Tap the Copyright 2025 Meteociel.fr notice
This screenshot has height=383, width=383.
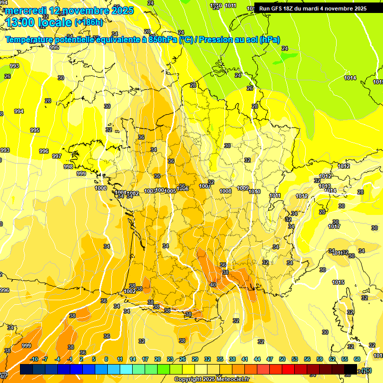211,379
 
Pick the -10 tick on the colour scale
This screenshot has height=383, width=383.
33,359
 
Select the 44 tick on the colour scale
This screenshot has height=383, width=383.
257,359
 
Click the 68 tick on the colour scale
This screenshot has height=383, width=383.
357,359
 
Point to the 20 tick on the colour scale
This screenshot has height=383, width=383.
158,359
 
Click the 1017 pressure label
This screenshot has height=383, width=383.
334,226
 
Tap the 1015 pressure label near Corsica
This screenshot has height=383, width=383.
338,282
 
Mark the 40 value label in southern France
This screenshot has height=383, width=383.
213,285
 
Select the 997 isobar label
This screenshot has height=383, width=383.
57,156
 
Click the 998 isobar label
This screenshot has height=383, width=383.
68,167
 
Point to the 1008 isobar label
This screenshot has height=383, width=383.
225,191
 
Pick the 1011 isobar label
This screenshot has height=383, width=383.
275,195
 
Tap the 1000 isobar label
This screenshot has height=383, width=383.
101,188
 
